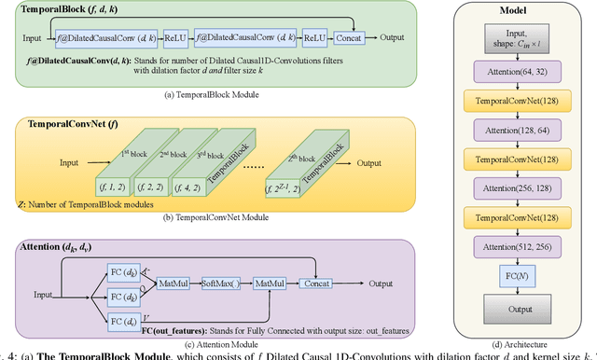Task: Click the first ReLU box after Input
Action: click(176, 37)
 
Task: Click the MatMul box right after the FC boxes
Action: click(172, 280)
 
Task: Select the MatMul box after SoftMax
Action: click(271, 280)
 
